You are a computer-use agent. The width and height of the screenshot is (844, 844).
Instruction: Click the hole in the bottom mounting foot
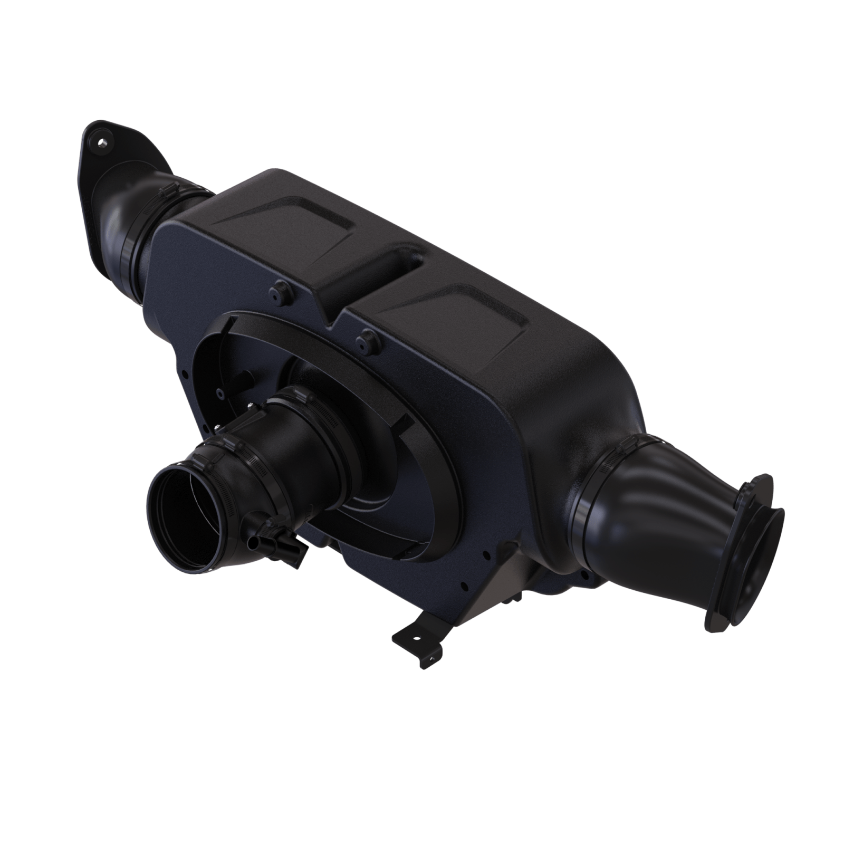tap(417, 637)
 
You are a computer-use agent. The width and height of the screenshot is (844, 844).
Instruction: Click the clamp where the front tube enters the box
tap(301, 406)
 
